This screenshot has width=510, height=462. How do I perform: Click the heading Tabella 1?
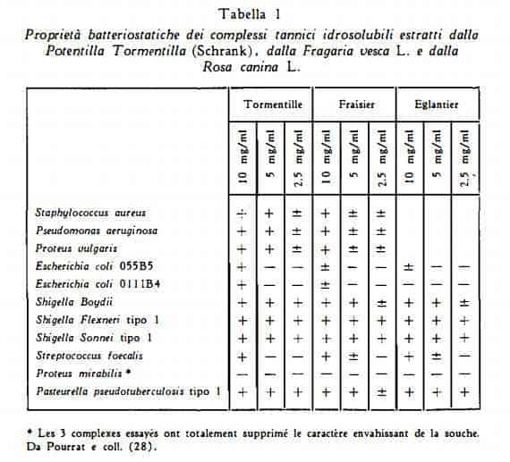pos(254,13)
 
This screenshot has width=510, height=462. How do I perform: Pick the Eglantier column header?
pos(437,105)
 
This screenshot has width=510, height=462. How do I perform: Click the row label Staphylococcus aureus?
pos(90,214)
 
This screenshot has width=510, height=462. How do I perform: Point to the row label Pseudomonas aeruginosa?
pos(97,231)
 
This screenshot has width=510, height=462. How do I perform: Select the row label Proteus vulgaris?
pos(79,248)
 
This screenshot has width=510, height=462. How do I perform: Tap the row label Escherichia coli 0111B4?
pos(96,284)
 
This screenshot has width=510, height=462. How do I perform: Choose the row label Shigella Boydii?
pos(70,302)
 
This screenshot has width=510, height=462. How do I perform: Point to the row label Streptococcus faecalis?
pos(89,356)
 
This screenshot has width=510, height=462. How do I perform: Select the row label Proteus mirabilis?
pos(84,374)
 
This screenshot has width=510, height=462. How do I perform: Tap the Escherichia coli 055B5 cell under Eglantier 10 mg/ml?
pos(408,266)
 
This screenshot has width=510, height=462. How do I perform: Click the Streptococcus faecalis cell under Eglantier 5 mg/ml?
pos(437,356)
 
